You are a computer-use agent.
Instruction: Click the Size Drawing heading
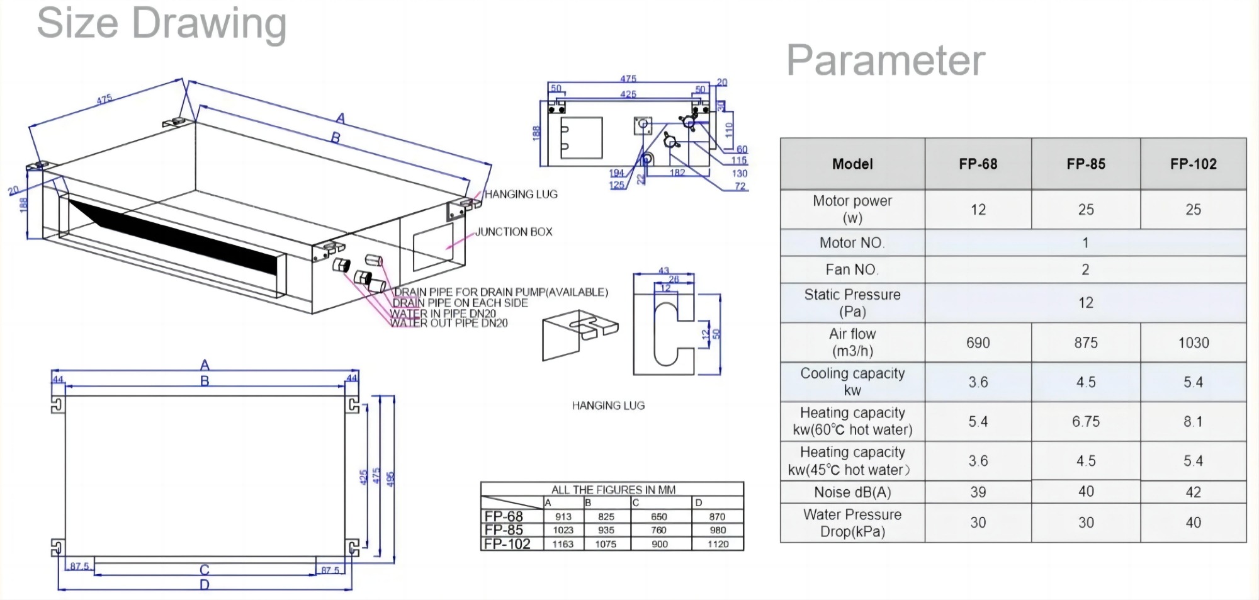(x=162, y=24)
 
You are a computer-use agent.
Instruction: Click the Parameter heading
(x=885, y=61)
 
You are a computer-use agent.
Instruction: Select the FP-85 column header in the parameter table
(x=1085, y=164)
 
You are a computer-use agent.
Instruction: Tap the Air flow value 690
(x=978, y=343)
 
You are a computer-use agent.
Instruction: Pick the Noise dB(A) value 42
(x=1193, y=492)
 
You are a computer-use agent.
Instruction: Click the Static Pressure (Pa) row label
(x=852, y=303)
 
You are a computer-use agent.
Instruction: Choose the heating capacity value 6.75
(x=1085, y=422)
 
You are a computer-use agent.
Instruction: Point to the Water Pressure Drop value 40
(x=1193, y=523)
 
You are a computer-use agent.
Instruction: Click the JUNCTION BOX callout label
(x=514, y=232)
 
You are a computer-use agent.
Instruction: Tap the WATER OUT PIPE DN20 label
(x=449, y=324)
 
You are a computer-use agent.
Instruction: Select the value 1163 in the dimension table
(x=563, y=544)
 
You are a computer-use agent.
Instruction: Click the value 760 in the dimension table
(x=659, y=530)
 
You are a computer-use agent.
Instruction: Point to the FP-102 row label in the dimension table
(x=507, y=544)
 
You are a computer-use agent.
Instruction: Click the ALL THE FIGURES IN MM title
(x=613, y=490)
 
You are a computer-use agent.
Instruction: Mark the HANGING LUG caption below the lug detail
(x=608, y=406)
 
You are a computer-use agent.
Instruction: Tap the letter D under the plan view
(x=205, y=585)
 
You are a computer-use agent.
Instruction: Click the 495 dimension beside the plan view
(x=390, y=479)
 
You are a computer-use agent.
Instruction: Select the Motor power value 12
(x=978, y=210)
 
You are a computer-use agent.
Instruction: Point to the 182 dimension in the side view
(x=677, y=173)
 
